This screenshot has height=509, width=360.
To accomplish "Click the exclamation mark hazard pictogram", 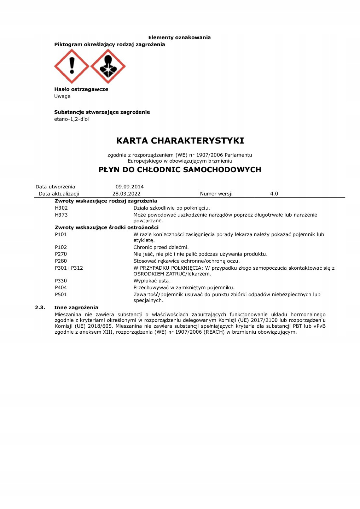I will [72, 66].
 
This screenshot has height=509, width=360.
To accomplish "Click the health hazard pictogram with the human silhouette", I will [108, 66].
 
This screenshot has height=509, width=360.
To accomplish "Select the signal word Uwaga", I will [62, 96].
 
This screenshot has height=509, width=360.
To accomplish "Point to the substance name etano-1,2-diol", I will [71, 119].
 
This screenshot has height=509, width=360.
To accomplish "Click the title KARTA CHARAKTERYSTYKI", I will [180, 141].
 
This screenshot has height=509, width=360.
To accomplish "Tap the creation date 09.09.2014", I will [129, 187].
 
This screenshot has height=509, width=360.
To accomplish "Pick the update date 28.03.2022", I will [126, 194].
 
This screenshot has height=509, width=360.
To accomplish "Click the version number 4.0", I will [274, 194].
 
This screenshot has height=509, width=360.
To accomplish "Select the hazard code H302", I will [61, 208].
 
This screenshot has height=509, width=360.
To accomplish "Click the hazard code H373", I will [61, 215].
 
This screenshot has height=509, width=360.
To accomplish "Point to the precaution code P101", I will [61, 234].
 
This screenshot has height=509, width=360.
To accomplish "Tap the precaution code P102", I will [61, 247].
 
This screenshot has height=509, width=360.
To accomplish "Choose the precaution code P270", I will [61, 254].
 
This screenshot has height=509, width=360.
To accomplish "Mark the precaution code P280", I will [61, 261].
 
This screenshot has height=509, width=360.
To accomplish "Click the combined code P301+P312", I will [69, 268].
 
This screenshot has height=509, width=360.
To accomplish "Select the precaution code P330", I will [61, 281].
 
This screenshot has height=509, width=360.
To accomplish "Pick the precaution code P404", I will [61, 287].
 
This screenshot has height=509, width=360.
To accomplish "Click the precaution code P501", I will [61, 294].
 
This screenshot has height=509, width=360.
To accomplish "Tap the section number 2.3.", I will [40, 308].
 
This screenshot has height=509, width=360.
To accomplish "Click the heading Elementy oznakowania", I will [179, 37].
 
